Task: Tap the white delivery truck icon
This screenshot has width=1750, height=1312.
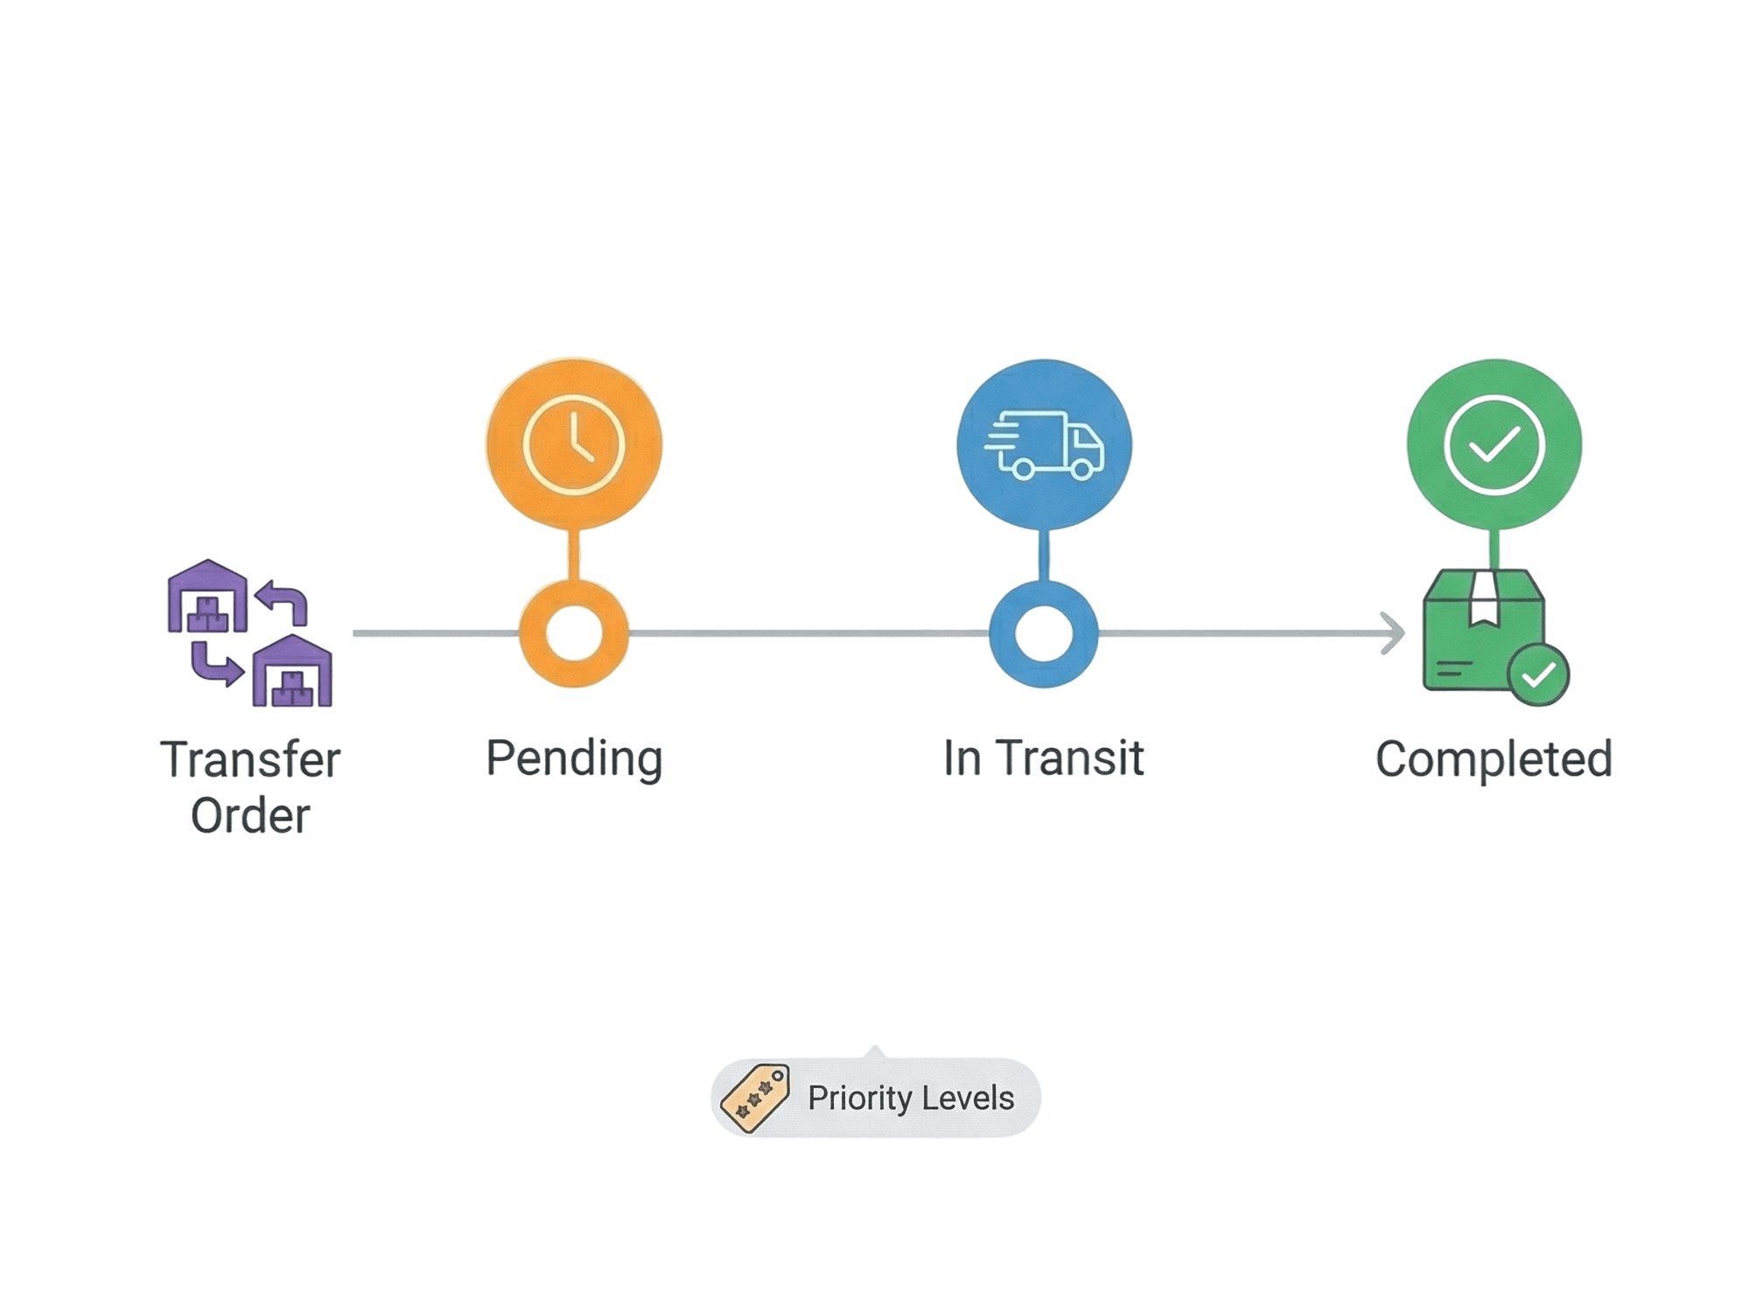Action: coord(1044,444)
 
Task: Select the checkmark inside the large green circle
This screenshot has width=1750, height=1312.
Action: coord(1495,445)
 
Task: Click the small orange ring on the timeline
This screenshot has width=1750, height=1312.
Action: coord(574,633)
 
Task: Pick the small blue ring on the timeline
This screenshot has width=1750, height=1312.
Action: coord(1043,633)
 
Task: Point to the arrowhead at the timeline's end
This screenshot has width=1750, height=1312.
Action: coord(1393,632)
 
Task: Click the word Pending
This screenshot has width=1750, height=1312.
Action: coord(574,757)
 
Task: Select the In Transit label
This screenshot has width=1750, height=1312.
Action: coord(1043,757)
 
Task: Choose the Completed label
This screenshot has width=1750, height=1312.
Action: coord(1494,758)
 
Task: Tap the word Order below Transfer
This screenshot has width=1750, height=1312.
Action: coord(250,816)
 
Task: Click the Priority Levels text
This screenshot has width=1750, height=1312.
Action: coord(911,1098)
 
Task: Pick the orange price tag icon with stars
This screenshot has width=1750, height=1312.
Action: coord(754,1098)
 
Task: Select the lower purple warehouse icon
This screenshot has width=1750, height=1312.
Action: coord(292,672)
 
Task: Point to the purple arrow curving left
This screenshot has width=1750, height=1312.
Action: coord(282,602)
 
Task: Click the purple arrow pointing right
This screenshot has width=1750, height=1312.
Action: coord(216,665)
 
